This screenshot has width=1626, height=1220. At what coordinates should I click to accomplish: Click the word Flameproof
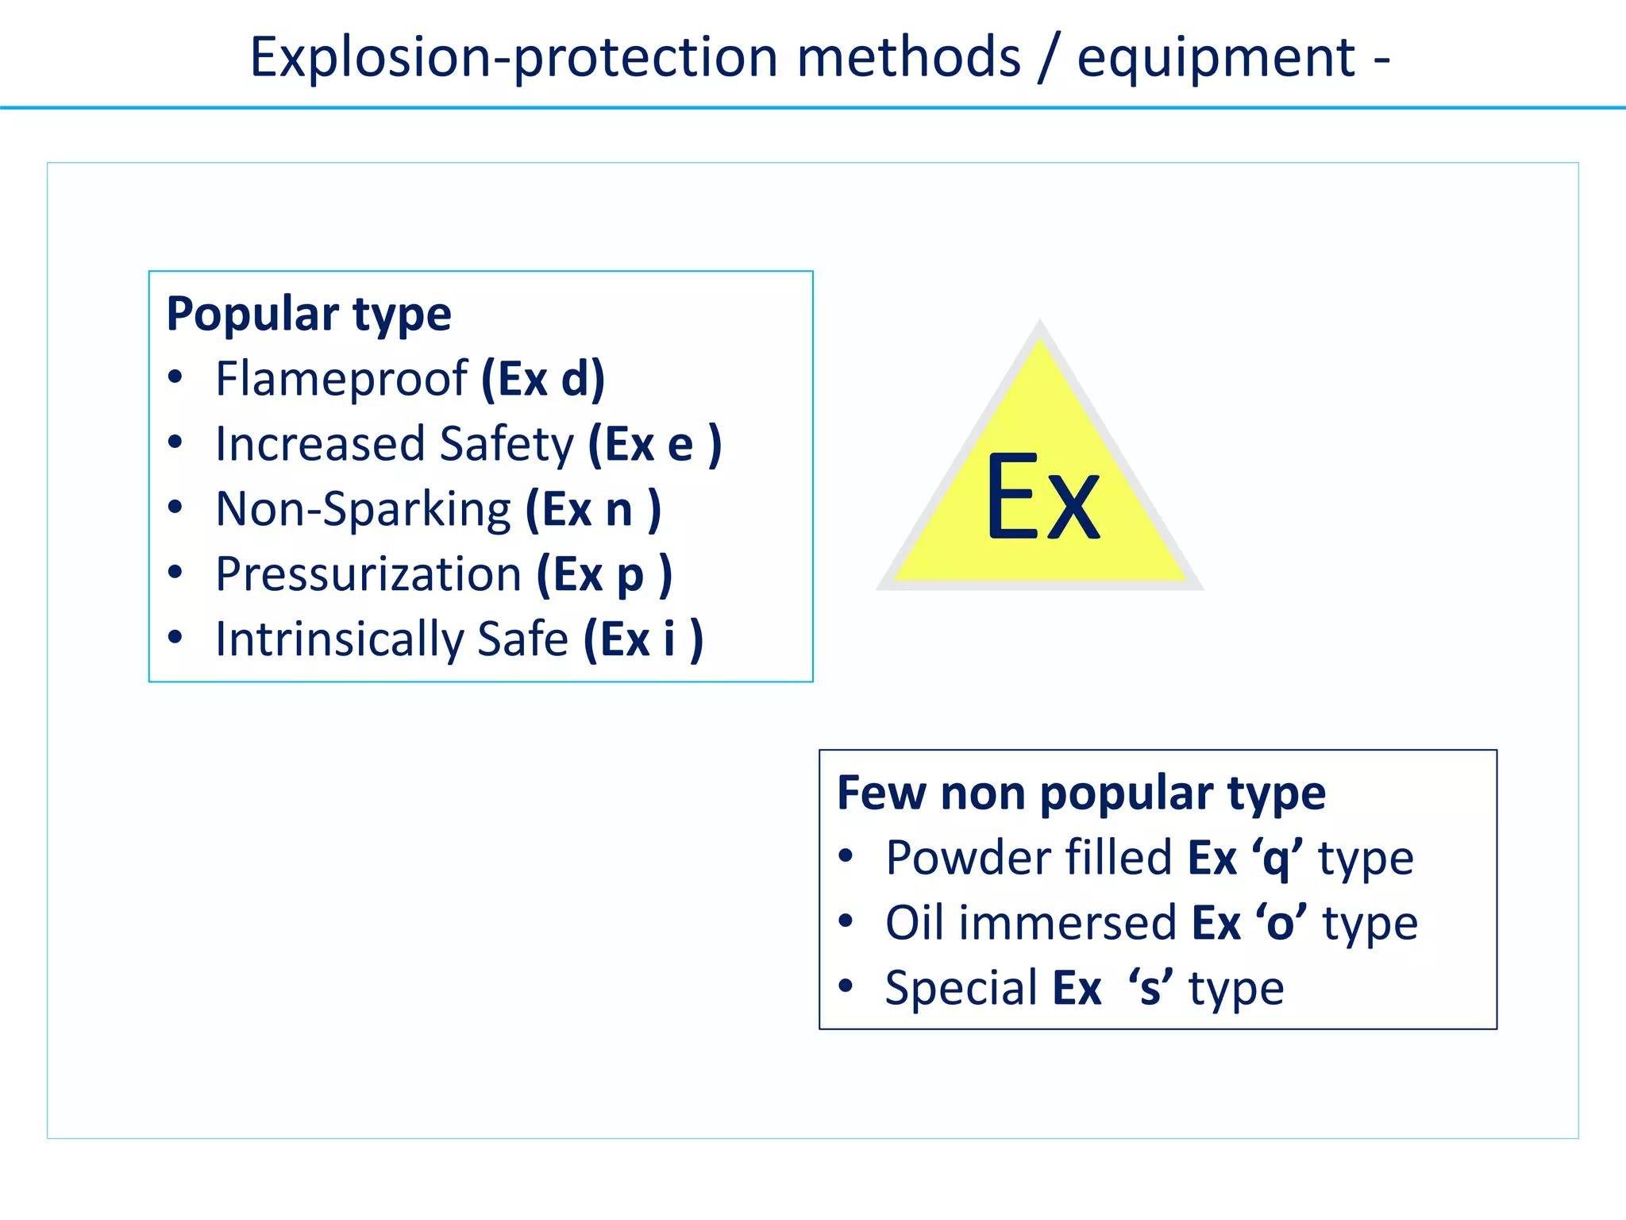(x=341, y=380)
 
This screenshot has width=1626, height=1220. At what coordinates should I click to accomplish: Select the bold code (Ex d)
(x=543, y=380)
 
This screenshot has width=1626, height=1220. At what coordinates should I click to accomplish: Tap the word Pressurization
(x=368, y=575)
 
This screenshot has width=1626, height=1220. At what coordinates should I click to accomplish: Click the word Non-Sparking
(x=364, y=510)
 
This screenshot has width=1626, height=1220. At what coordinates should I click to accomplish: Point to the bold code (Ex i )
(x=643, y=640)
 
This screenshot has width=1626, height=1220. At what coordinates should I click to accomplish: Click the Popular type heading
(x=309, y=314)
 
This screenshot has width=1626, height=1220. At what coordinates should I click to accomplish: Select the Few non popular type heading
(x=1081, y=793)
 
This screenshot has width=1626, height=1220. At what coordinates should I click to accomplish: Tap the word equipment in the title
(x=1216, y=59)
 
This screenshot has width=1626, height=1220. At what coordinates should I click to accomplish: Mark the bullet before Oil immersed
(x=846, y=921)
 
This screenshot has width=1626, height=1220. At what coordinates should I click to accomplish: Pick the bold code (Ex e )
(x=655, y=445)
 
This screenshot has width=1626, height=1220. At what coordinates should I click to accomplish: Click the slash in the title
(x=1049, y=57)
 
